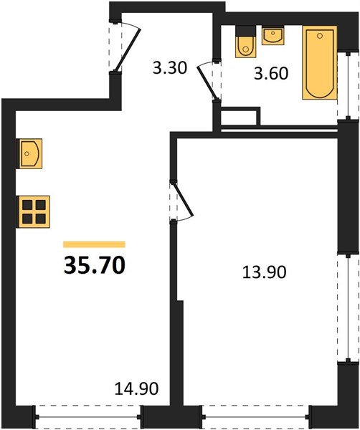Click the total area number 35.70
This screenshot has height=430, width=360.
(x=95, y=265)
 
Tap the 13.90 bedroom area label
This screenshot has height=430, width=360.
(x=264, y=272)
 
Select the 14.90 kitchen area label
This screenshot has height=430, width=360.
(x=136, y=388)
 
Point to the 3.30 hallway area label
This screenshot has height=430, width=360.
(x=170, y=68)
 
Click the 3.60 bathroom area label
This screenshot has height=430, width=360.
(x=271, y=73)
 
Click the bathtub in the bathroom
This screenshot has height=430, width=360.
(x=320, y=62)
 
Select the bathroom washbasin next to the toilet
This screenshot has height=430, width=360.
(x=273, y=35)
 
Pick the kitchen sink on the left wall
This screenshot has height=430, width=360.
(x=29, y=153)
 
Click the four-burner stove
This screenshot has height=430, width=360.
(x=34, y=211)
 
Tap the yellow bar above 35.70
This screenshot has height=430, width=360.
(x=94, y=244)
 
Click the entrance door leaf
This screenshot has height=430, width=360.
(x=128, y=49)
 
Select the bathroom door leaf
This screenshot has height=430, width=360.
(x=208, y=83)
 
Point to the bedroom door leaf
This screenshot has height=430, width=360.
(x=183, y=199)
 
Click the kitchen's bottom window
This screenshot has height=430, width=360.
(x=88, y=417)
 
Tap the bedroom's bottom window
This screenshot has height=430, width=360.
(x=256, y=417)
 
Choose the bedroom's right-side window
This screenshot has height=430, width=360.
(x=349, y=308)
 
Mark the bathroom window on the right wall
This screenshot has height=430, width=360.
(x=349, y=85)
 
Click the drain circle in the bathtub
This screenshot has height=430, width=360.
(x=320, y=36)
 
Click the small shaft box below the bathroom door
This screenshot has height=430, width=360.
(x=240, y=117)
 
